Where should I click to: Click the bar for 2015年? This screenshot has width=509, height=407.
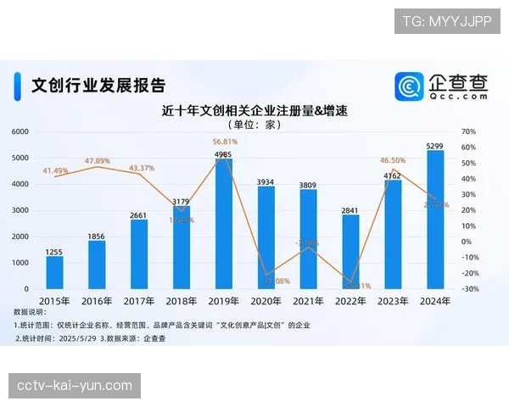(x=54, y=272)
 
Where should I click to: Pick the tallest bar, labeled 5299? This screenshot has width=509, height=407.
(x=435, y=220)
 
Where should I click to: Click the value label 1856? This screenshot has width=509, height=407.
(x=97, y=235)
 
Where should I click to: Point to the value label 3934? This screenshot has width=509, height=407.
(x=266, y=181)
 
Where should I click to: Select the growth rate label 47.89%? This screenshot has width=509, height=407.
(x=98, y=161)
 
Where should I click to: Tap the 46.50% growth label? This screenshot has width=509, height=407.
(x=392, y=160)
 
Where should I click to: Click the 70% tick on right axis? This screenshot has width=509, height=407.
(x=468, y=132)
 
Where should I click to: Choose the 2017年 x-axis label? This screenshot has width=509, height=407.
(x=139, y=301)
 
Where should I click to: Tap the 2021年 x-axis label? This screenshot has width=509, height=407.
(x=309, y=301)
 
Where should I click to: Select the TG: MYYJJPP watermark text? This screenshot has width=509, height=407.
(x=446, y=21)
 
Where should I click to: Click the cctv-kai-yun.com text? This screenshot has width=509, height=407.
(x=75, y=386)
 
